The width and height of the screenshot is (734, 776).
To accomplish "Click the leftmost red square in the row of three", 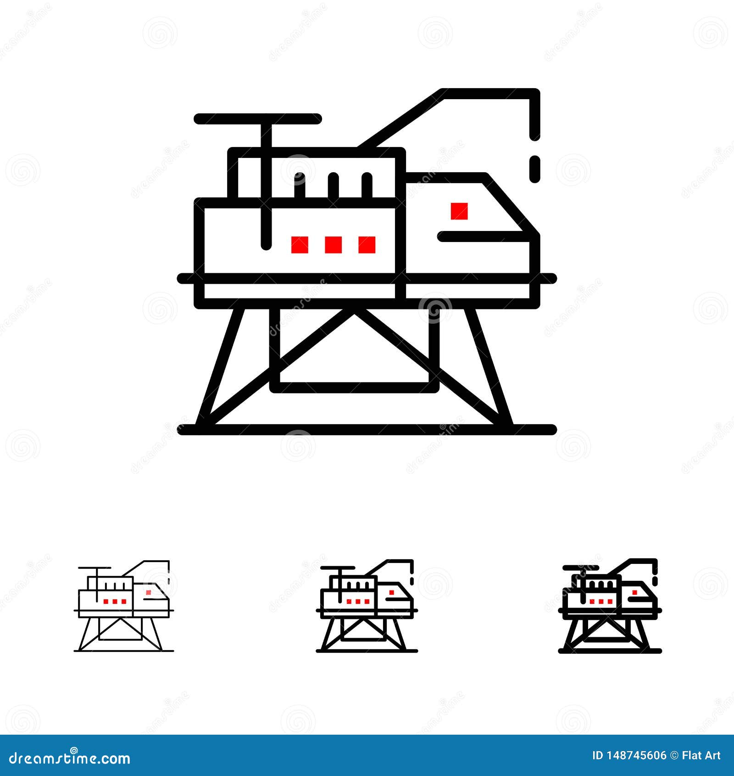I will (x=300, y=245).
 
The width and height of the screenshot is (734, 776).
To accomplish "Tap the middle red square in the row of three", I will (x=333, y=245).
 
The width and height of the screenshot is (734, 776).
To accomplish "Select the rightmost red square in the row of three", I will (x=367, y=245).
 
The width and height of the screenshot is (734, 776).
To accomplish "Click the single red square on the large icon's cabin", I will (x=459, y=211).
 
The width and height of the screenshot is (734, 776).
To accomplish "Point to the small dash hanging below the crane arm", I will (x=535, y=169).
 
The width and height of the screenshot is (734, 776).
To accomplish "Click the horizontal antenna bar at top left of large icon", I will (x=257, y=119).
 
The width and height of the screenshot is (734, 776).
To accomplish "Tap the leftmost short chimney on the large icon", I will (x=300, y=186).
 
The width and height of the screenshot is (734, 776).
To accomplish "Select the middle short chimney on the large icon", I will (x=334, y=186).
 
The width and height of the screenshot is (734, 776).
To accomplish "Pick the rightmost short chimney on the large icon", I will (x=367, y=186).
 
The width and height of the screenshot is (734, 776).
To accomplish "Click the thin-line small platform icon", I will (x=124, y=606).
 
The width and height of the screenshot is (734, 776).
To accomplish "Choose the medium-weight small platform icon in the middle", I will (x=367, y=606).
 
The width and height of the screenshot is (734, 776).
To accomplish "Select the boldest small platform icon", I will (x=610, y=606).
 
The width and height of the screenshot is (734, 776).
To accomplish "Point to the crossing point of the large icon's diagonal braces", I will (x=355, y=313).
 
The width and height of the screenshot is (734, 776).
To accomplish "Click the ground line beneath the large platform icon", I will (x=367, y=430).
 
